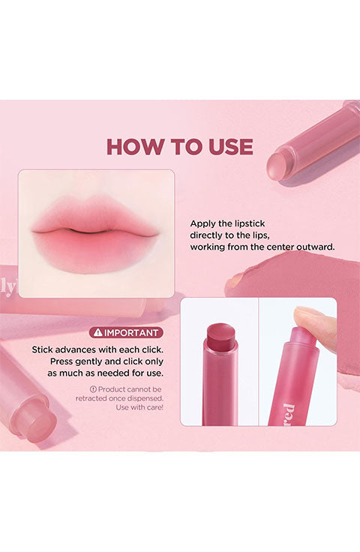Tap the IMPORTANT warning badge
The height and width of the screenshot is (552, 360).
126,333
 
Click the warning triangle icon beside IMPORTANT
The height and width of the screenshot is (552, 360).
97,332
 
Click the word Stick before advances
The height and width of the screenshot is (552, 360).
42,350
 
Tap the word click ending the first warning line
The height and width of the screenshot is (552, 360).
152,350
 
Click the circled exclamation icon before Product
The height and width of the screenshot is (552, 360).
93,389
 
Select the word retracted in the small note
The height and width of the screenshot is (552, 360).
91,398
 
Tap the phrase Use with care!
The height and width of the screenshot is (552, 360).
139,408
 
